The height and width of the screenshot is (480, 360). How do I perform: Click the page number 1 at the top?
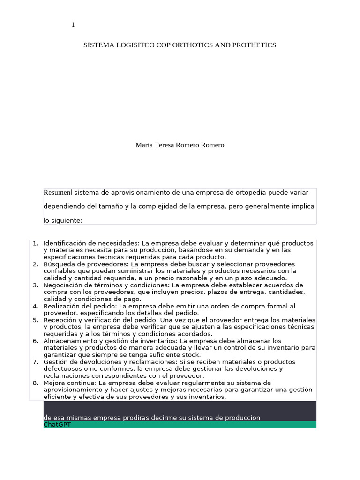pos(73,25)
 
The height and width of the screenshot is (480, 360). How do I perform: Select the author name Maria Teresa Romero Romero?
pos(180,145)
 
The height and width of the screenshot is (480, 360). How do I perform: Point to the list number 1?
pos(35,243)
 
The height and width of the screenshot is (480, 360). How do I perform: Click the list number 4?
pos(35,306)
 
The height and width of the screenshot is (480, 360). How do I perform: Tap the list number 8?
pos(35,383)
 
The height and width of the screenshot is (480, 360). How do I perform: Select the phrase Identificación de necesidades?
pos(91,243)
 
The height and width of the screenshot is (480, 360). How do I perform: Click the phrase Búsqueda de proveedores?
pos(86,264)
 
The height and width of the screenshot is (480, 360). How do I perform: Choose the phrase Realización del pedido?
pos(80,306)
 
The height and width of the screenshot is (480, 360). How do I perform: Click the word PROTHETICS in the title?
pos(252,45)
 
